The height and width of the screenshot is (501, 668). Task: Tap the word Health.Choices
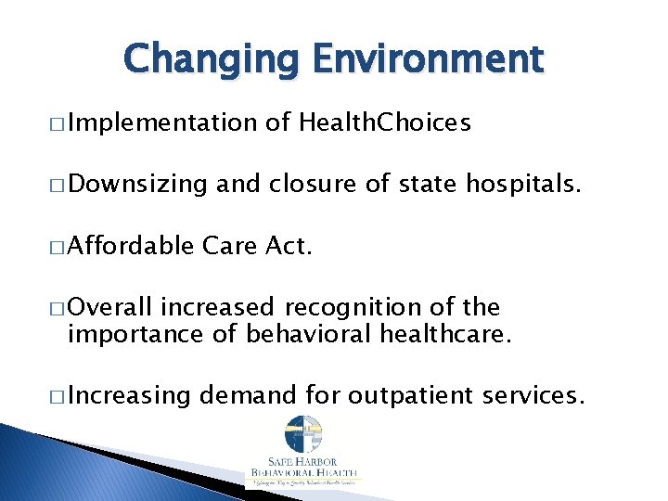[x=385, y=122]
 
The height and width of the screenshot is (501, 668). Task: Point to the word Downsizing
[x=137, y=185]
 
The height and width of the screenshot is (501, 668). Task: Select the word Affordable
[x=130, y=246]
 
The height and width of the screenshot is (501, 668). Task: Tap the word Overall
[x=112, y=307]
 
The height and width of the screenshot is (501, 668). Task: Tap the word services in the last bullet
[x=536, y=395]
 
